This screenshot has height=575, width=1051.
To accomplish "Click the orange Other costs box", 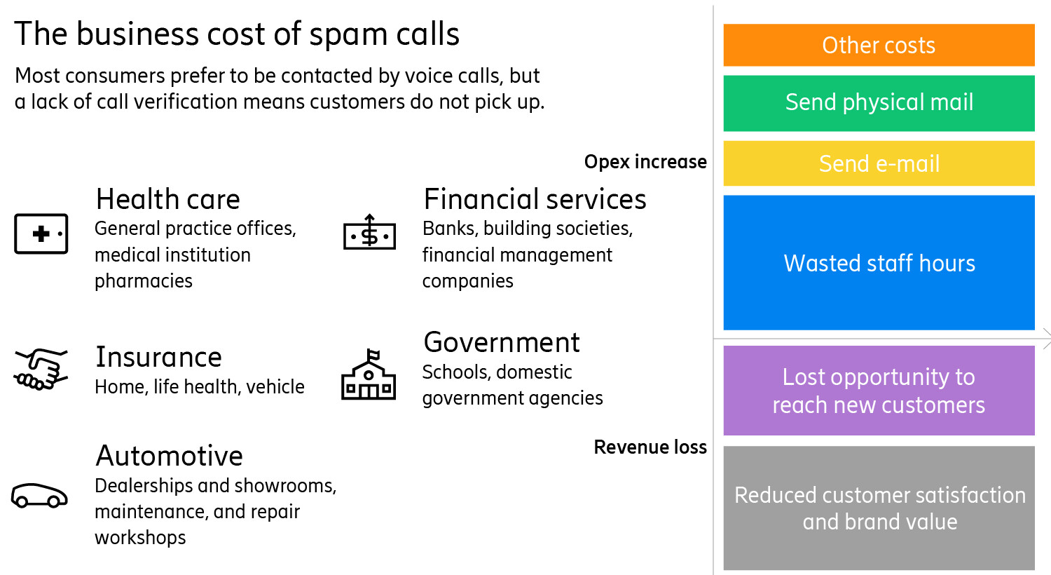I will point(879,45).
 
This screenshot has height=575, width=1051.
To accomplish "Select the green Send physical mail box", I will point(879,102).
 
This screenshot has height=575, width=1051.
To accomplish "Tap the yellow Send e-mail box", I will point(879,163).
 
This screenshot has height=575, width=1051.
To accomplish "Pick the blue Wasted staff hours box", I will point(879,263).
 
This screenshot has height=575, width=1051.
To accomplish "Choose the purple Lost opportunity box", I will point(879,391).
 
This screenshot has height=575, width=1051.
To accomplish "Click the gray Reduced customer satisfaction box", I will point(879,508).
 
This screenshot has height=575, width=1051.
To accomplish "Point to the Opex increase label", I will point(645,162).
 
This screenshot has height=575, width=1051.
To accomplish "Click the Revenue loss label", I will point(650,447).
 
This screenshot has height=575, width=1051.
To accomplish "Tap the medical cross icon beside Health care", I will point(41,234).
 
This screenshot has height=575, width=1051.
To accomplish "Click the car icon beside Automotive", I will point(40,495).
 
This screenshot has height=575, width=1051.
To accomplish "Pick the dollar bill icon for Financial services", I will point(369,234).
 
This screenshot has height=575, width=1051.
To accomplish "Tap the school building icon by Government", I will point(369,377).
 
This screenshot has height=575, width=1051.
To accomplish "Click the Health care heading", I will point(168,200).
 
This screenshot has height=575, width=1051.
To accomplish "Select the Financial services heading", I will point(535,200).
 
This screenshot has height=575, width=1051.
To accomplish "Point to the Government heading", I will point(502,343).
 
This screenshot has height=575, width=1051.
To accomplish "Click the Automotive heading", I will point(170,456).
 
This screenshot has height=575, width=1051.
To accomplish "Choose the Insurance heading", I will point(159,358).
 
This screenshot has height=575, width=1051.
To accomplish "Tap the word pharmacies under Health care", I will point(144,281).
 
